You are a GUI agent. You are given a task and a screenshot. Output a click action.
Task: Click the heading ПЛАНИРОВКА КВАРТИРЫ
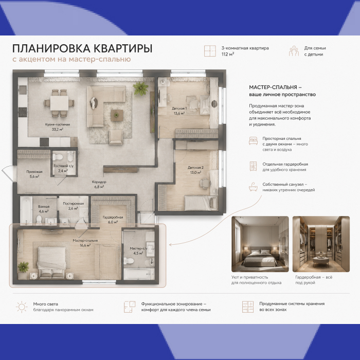(x=82, y=48)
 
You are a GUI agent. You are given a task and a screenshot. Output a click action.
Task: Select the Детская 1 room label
(x=179, y=111)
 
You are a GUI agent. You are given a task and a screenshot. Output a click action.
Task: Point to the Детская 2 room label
(x=195, y=170)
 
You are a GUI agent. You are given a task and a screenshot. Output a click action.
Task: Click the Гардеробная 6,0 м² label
(x=113, y=220)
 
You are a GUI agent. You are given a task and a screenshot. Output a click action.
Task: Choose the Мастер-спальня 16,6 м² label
(x=85, y=243)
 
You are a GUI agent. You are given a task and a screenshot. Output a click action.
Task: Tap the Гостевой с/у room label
(x=64, y=168)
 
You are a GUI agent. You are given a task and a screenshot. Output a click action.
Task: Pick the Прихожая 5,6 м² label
(x=34, y=174)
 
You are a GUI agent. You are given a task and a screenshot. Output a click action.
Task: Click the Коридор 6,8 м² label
(x=99, y=184)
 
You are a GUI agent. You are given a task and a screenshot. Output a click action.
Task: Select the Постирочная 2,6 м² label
(x=73, y=206)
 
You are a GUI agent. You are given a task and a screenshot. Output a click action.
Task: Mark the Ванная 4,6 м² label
(x=44, y=209)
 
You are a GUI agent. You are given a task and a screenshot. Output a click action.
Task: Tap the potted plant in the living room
(x=140, y=88)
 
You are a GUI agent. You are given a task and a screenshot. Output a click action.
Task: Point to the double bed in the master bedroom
(x=51, y=261)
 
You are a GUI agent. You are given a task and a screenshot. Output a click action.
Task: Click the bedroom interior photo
(x=260, y=244)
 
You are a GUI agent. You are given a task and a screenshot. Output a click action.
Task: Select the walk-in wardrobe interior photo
(x=321, y=244)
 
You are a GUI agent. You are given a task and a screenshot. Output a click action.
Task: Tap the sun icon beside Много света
(x=22, y=307)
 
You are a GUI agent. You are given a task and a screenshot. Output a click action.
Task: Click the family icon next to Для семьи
(x=294, y=51)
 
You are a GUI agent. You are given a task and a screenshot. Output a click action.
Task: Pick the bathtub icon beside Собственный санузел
(x=253, y=187)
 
